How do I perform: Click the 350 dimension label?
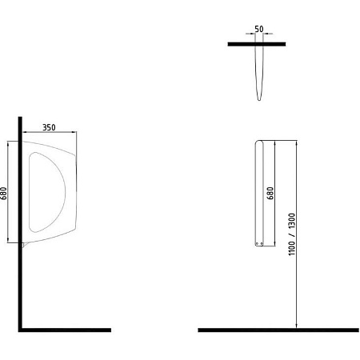[49, 127]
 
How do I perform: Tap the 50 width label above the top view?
[259, 29]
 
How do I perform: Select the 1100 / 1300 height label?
[292, 234]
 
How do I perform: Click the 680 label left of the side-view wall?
[4, 193]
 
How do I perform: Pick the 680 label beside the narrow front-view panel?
[270, 193]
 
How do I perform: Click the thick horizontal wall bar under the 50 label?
[257, 44]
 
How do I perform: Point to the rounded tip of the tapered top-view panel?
[259, 99]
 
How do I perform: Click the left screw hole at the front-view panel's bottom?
[257, 243]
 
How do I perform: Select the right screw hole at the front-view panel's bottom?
[262, 243]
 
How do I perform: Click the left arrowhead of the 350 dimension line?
[25, 132]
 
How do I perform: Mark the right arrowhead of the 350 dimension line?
[74, 132]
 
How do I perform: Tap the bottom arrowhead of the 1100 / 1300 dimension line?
[297, 325]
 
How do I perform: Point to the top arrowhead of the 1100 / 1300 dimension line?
[297, 143]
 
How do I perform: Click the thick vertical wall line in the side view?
[20, 224]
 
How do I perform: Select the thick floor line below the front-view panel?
[278, 330]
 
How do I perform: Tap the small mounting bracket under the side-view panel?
[25, 245]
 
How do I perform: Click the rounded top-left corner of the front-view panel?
[256, 142]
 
